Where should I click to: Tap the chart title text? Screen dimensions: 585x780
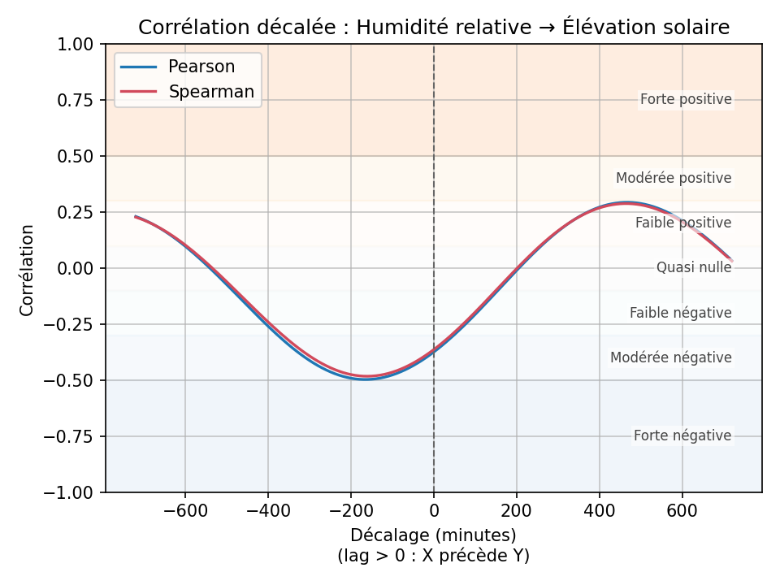(434, 28)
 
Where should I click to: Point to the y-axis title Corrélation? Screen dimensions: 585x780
(28, 270)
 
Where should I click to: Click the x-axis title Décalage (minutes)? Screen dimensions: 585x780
(434, 535)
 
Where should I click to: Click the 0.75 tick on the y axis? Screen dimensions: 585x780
(76, 100)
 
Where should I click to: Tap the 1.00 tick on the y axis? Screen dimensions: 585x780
(76, 44)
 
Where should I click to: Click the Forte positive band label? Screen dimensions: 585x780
(686, 100)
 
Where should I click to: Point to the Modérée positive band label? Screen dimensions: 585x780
(674, 178)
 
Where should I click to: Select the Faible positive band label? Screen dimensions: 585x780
(683, 223)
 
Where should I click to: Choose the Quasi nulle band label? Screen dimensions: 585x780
(694, 267)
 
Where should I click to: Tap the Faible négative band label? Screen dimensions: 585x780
(681, 313)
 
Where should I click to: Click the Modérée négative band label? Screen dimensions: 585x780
(671, 357)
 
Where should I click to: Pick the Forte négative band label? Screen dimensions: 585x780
(682, 436)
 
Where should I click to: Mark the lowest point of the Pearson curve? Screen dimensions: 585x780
(366, 379)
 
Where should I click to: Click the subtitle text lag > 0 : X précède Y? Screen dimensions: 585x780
(434, 556)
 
